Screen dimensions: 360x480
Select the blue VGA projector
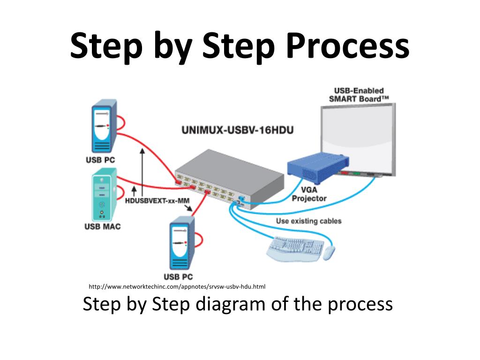[x=319, y=169]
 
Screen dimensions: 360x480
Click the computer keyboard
[x=294, y=247]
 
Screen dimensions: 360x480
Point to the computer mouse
[x=329, y=253]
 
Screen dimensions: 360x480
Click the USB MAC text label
[x=102, y=226]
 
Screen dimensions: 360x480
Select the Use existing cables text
[x=308, y=221]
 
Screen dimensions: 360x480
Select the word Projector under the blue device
[x=309, y=198]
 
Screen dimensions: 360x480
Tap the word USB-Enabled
[x=359, y=90]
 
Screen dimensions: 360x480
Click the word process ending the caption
[x=360, y=304]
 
